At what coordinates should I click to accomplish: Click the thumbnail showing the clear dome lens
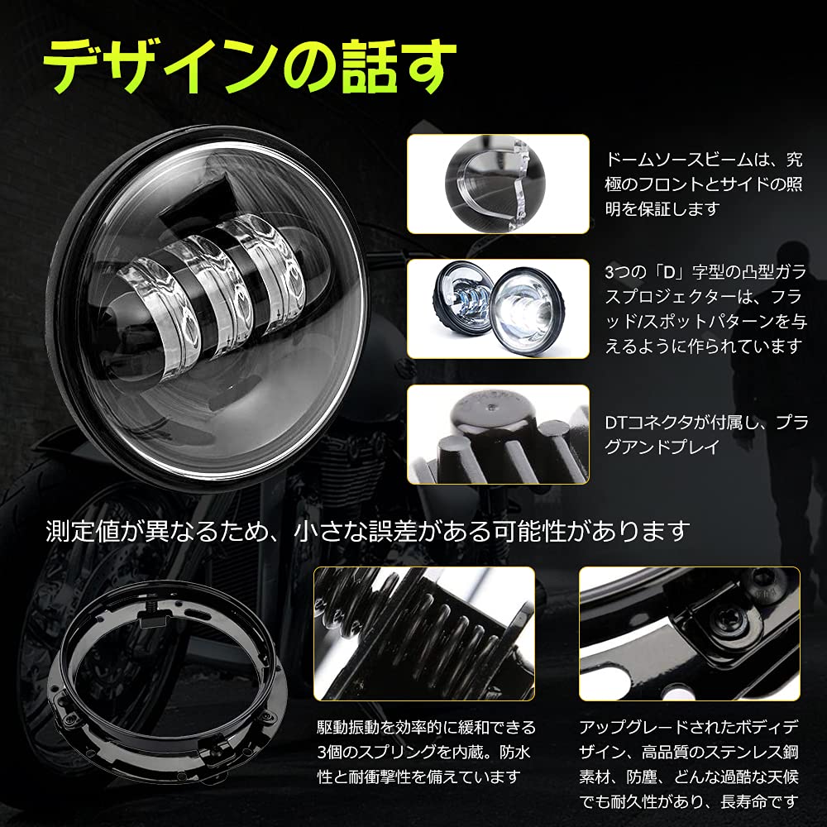tap(498, 184)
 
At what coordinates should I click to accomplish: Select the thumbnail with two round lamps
tap(498, 308)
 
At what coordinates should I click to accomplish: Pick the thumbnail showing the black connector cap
tap(498, 433)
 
